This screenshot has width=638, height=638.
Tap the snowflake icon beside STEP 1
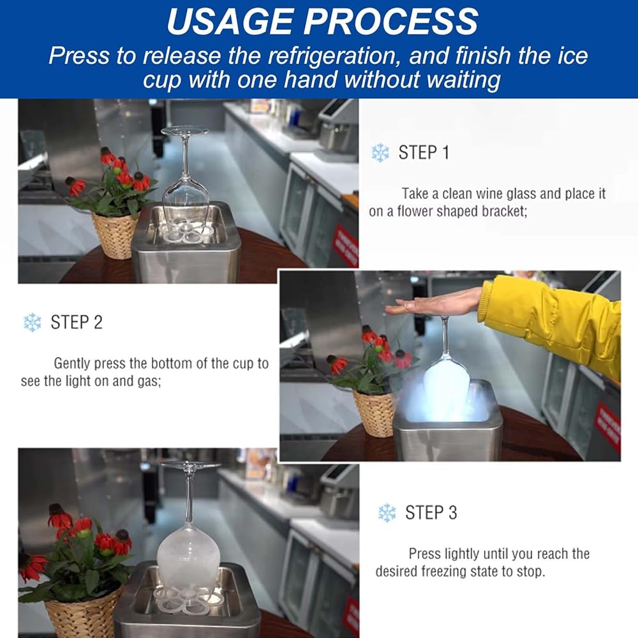pos(380,152)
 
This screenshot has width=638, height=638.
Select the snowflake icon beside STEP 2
pos(32,322)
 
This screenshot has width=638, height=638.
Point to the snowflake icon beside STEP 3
pos(387,513)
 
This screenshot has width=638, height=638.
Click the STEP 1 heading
pos(424,152)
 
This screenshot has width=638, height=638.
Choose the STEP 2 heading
pos(77,322)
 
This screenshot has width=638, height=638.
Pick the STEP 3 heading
pos(431,513)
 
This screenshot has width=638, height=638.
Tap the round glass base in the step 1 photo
pos(184,131)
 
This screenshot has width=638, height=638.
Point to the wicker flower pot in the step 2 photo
pos(375,413)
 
